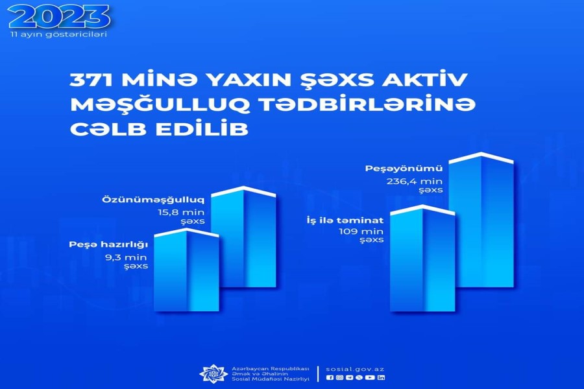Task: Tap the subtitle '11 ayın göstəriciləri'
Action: pos(59,34)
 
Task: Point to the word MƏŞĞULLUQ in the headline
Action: pos(160,105)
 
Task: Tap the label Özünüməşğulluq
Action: pos(153,200)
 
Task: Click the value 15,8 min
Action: pos(180,212)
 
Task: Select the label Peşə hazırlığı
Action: pos(108,244)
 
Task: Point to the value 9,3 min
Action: pos(127,257)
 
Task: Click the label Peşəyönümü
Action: pos(404,169)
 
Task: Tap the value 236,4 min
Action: pos(415,182)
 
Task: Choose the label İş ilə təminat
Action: pos(345,220)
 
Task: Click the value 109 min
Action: pos(361,231)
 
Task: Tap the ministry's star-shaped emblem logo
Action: pos(213,373)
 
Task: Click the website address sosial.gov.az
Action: pos(355,370)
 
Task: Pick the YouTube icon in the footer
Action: pos(370,377)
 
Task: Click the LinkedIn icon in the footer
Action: pos(381,377)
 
